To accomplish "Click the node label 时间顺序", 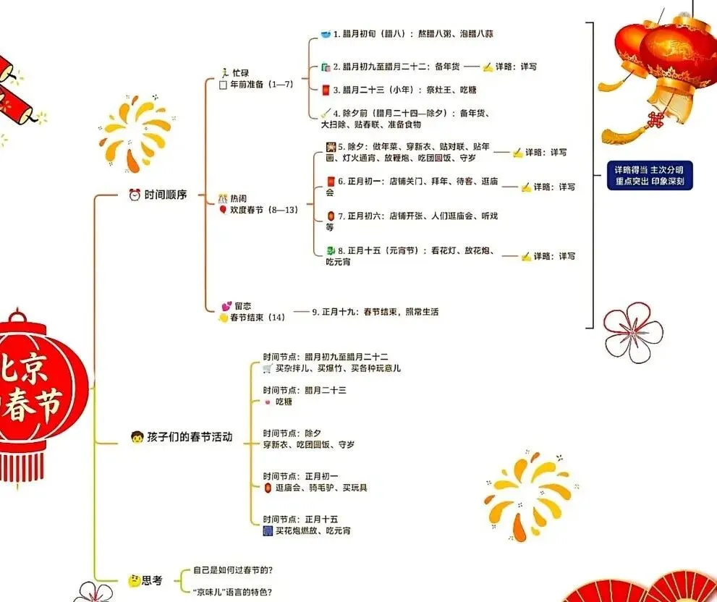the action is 165,195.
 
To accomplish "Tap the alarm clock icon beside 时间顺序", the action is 135,195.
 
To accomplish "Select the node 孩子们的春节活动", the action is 190,437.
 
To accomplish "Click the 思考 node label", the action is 152,580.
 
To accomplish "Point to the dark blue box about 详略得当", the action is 649,176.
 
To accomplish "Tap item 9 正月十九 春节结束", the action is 375,312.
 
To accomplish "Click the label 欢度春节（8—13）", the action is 263,210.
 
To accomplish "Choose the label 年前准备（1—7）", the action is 261,84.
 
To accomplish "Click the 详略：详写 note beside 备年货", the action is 515,67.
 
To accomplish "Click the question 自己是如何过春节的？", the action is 233,570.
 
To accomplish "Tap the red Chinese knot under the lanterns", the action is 656,120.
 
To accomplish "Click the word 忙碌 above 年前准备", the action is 242,73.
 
